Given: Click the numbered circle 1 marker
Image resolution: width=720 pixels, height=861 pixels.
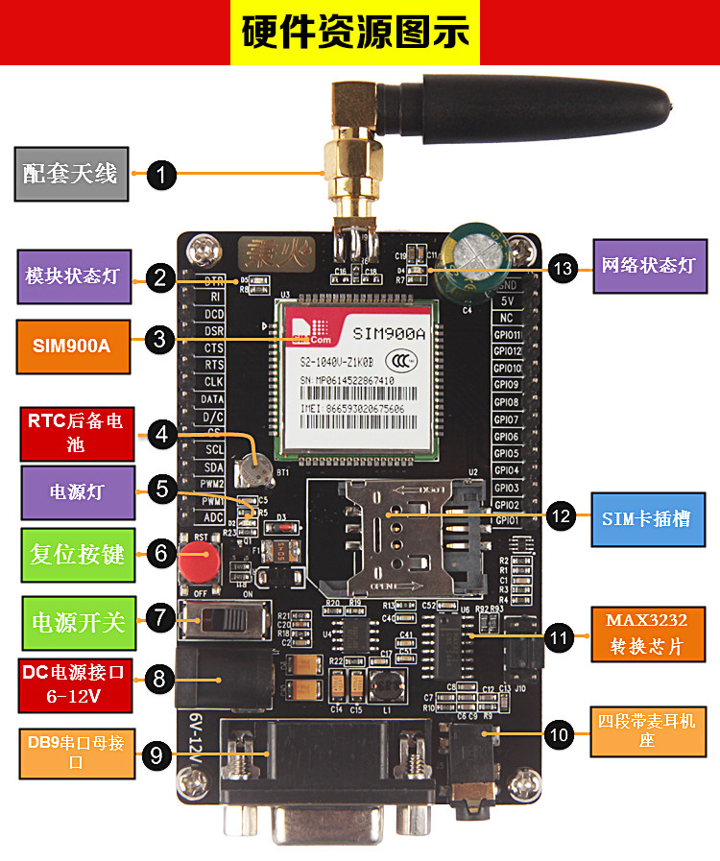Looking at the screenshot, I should (x=161, y=175).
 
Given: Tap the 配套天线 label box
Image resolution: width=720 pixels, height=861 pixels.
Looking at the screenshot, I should (x=71, y=173).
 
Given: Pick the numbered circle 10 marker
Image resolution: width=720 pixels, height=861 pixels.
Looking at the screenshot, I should (x=558, y=735).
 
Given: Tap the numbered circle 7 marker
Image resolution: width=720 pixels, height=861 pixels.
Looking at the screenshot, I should (x=161, y=618).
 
